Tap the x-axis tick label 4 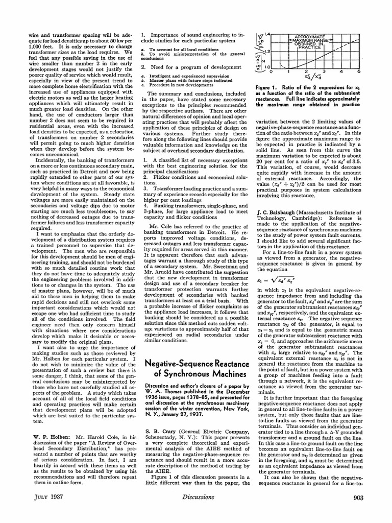tap(342, 72)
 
